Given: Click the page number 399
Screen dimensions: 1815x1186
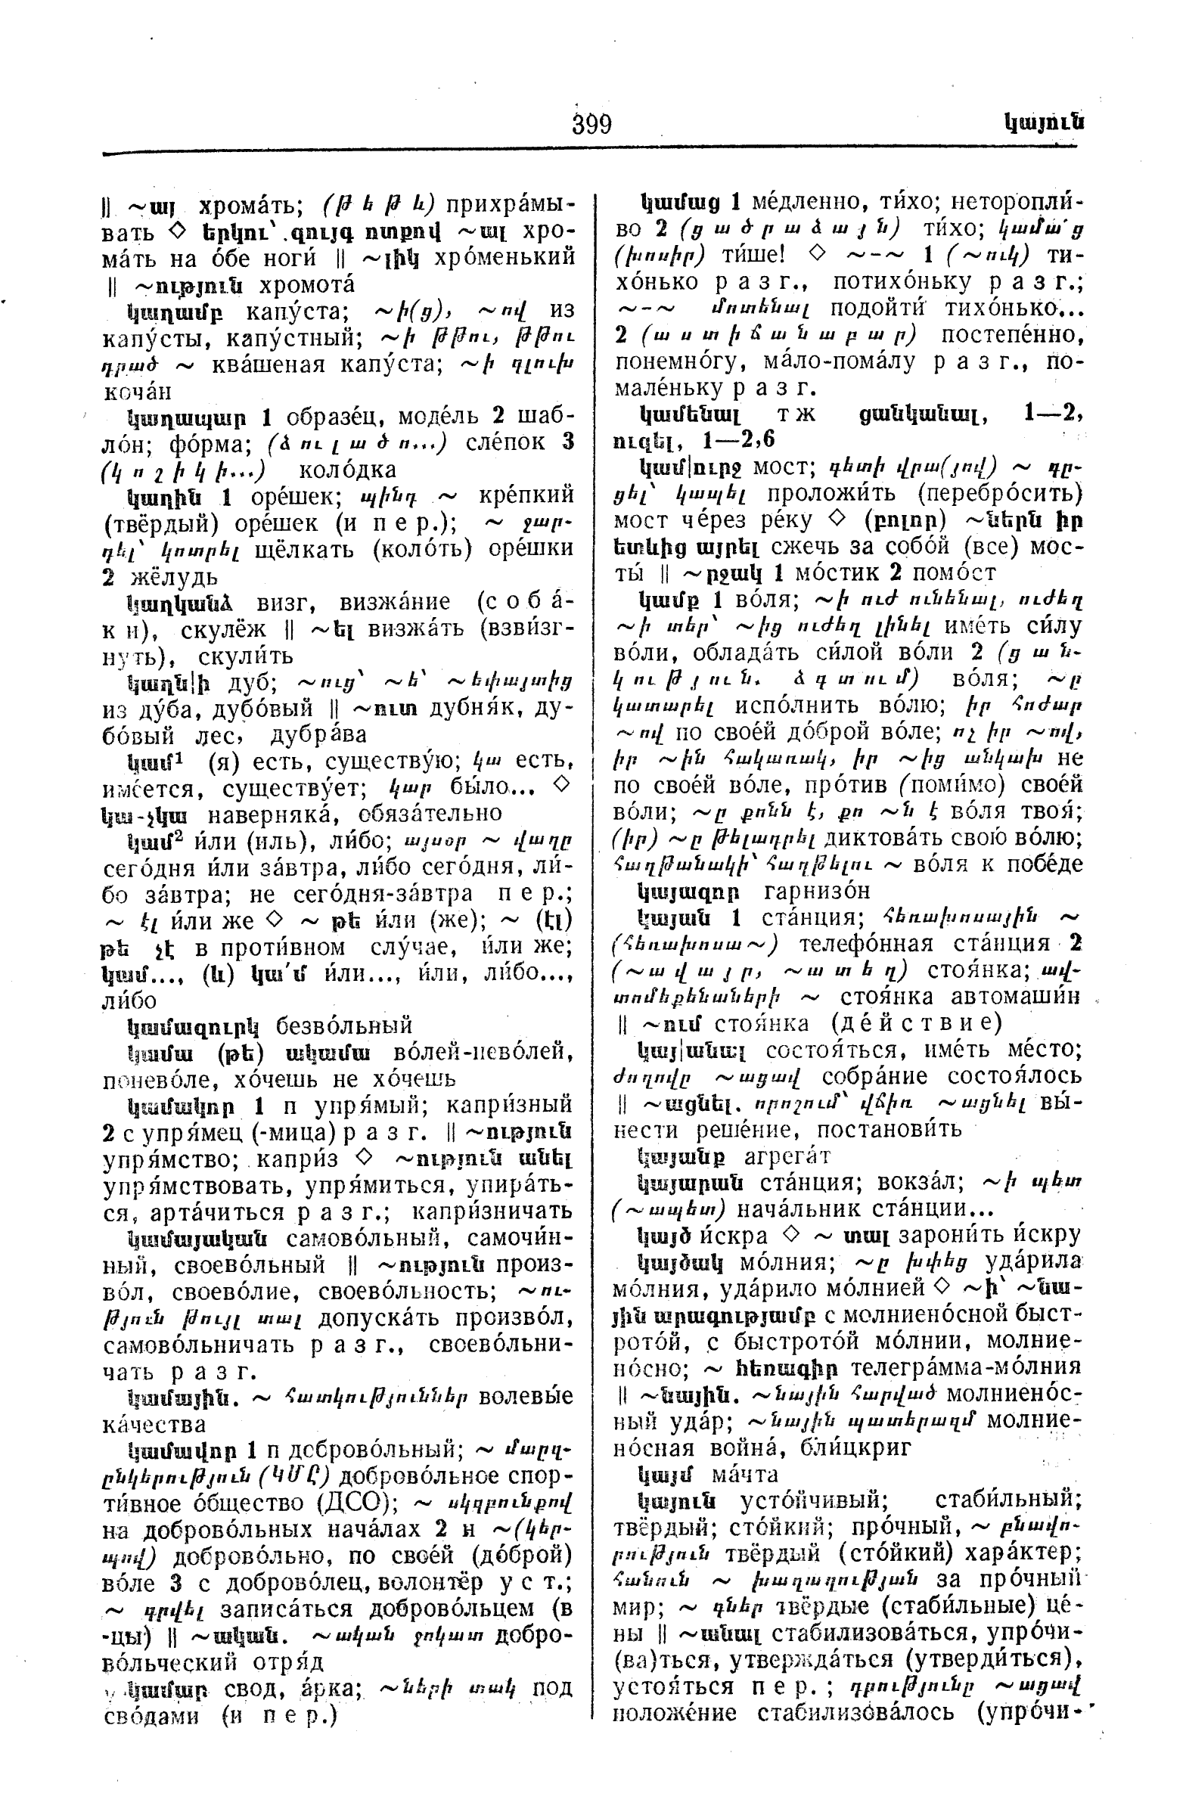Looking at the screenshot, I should pyautogui.click(x=591, y=123).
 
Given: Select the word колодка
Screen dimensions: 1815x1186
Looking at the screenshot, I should pyautogui.click(x=347, y=469).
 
